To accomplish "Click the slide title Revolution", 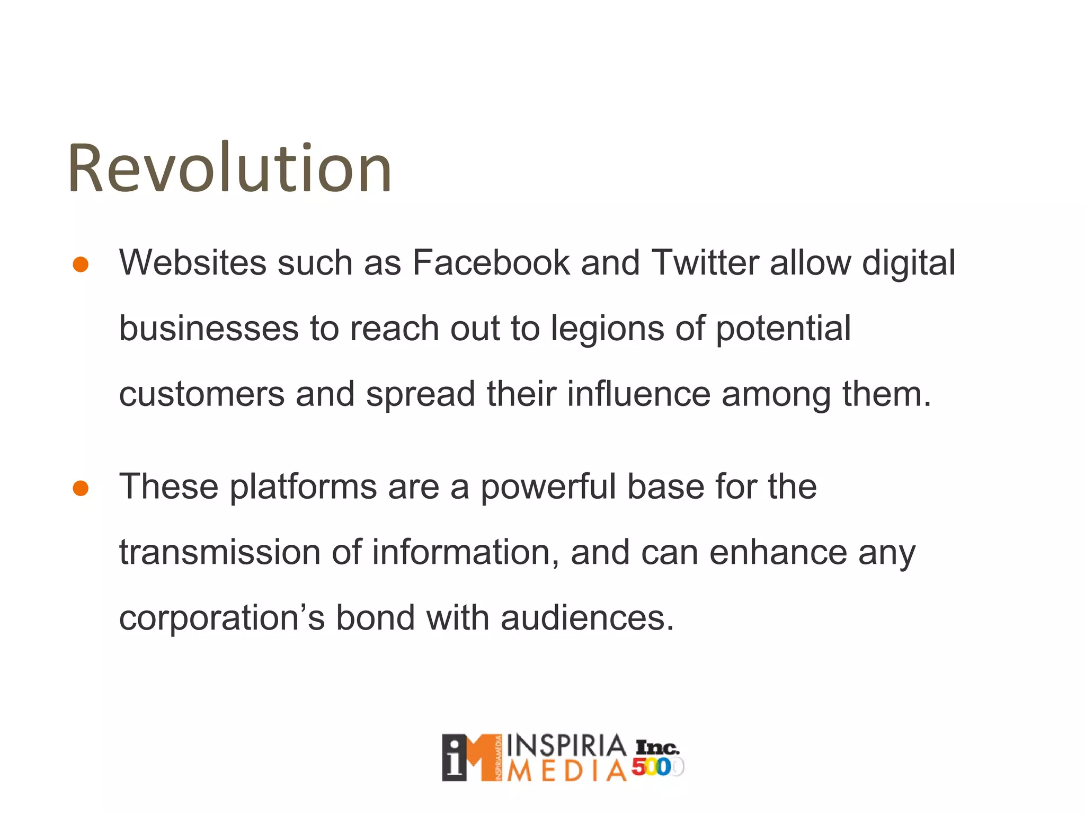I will tap(229, 169).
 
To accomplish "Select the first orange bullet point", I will tap(81, 264).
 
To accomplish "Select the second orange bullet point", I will tap(81, 488).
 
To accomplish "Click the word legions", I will tap(607, 329).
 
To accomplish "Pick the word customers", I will tap(201, 395).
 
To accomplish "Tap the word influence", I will tap(638, 395).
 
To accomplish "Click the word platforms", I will tap(303, 487).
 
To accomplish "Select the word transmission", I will tap(220, 553).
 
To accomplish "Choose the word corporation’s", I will tap(221, 618).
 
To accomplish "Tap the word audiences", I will tap(587, 618).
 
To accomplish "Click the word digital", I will tap(909, 263).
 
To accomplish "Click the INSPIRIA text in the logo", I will tap(566, 746).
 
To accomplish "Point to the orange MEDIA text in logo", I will tap(566, 772).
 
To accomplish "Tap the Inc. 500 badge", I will tap(657, 758).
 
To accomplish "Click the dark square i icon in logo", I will tap(455, 758).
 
